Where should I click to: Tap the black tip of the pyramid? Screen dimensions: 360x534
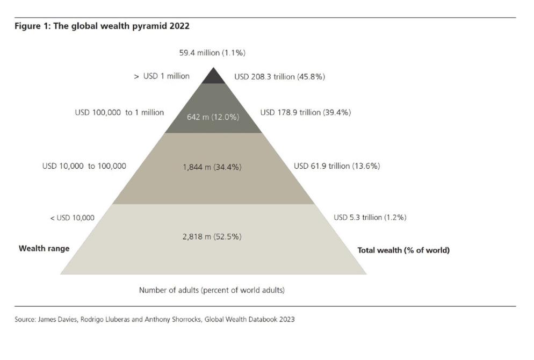[x=214, y=77]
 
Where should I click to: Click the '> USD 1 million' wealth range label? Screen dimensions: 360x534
[x=162, y=76]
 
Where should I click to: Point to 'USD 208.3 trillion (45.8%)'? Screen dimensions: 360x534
[x=279, y=77]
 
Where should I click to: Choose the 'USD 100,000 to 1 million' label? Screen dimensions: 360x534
[x=119, y=113]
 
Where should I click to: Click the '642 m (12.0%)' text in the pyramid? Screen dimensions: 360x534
[x=213, y=117]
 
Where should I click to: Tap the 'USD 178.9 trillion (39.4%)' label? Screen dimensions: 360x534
[x=305, y=113]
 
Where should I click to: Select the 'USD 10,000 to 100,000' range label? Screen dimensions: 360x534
[x=84, y=166]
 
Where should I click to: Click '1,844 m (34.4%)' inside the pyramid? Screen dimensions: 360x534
[x=212, y=167]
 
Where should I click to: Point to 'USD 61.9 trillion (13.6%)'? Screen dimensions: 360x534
[x=336, y=166]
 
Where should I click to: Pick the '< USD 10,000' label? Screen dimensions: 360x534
[x=72, y=218]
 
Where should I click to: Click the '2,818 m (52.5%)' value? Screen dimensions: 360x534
[x=212, y=236]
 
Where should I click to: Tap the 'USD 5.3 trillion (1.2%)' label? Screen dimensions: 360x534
[x=370, y=218]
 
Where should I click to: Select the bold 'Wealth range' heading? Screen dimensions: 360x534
[x=44, y=249]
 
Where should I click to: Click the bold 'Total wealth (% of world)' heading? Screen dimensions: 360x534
[x=403, y=250]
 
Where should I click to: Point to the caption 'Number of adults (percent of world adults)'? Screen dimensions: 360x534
[x=212, y=290]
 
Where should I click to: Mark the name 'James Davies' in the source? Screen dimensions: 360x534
[x=54, y=319]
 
